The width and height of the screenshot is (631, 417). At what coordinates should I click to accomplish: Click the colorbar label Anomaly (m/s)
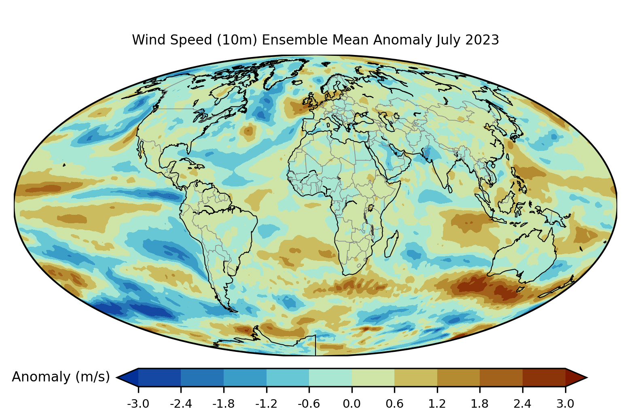pyautogui.click(x=61, y=377)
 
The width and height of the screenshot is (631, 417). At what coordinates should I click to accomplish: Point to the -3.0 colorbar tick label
pyautogui.click(x=138, y=404)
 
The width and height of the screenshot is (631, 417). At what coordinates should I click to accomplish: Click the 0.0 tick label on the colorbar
pyautogui.click(x=351, y=404)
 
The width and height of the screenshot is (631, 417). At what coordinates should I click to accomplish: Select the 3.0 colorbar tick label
pyautogui.click(x=565, y=404)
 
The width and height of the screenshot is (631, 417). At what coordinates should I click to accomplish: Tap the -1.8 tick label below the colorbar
pyautogui.click(x=223, y=404)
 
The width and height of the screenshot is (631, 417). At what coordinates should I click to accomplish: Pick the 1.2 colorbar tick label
pyautogui.click(x=437, y=404)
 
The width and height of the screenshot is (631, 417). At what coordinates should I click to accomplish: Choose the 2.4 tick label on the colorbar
pyautogui.click(x=522, y=404)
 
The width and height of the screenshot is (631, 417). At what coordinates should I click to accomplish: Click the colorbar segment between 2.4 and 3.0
pyautogui.click(x=544, y=377)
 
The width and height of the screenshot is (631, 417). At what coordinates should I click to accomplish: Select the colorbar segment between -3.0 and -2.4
pyautogui.click(x=159, y=377)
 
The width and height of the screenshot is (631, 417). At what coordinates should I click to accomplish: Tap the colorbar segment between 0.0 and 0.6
pyautogui.click(x=373, y=377)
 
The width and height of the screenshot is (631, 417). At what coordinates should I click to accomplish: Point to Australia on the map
pyautogui.click(x=524, y=255)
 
